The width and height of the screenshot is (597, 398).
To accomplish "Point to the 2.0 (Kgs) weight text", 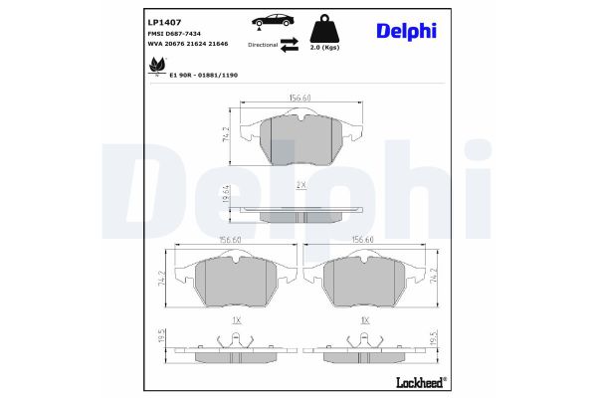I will pos(325,47).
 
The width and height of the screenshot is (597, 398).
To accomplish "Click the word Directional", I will pos(262,46).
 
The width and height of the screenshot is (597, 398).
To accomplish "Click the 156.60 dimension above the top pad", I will pos(301,98).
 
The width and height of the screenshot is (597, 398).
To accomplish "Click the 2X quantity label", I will pos(301,186).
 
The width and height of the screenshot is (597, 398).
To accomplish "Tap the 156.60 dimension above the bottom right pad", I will pos(362,240).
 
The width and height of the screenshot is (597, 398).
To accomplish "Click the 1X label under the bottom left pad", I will pos(236,321).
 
